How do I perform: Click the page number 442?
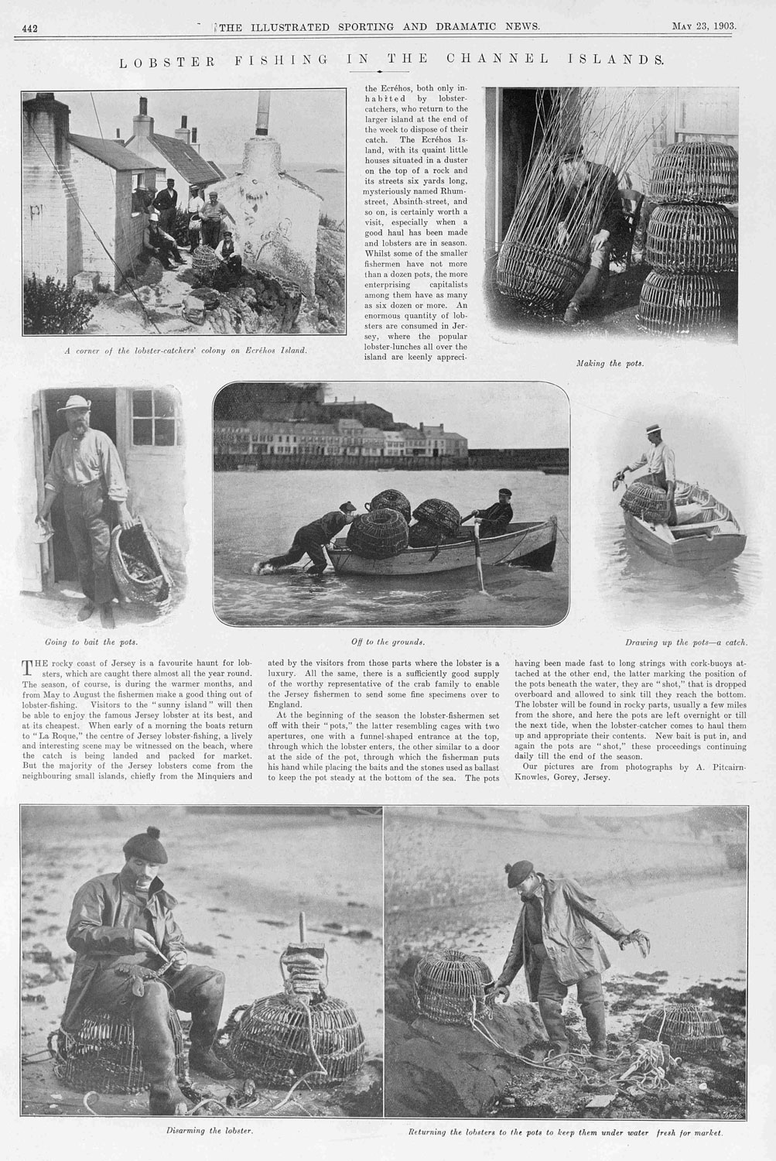click(30, 29)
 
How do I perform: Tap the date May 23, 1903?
click(703, 26)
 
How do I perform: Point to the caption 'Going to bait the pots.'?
click(91, 642)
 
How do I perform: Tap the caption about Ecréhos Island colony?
click(186, 350)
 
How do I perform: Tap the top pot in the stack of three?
click(682, 172)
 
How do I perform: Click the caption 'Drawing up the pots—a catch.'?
click(685, 642)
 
